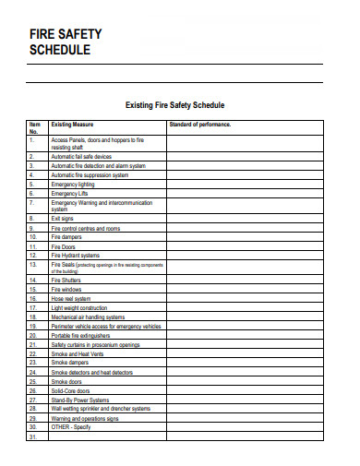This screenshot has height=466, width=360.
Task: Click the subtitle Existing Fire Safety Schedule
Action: coord(174,105)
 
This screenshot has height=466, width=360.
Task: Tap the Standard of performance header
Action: coord(199,124)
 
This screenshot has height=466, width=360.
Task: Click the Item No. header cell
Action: coord(35,127)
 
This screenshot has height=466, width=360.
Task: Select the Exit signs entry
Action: coord(63,220)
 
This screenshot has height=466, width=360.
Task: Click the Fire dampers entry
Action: coord(67,238)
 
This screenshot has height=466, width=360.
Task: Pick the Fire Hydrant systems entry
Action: coord(75,256)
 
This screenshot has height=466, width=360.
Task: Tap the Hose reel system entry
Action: coord(71,299)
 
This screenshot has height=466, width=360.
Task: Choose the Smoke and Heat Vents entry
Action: coord(78,353)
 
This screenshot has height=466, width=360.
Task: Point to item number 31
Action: coord(32,436)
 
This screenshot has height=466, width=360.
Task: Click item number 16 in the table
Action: coord(32,299)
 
